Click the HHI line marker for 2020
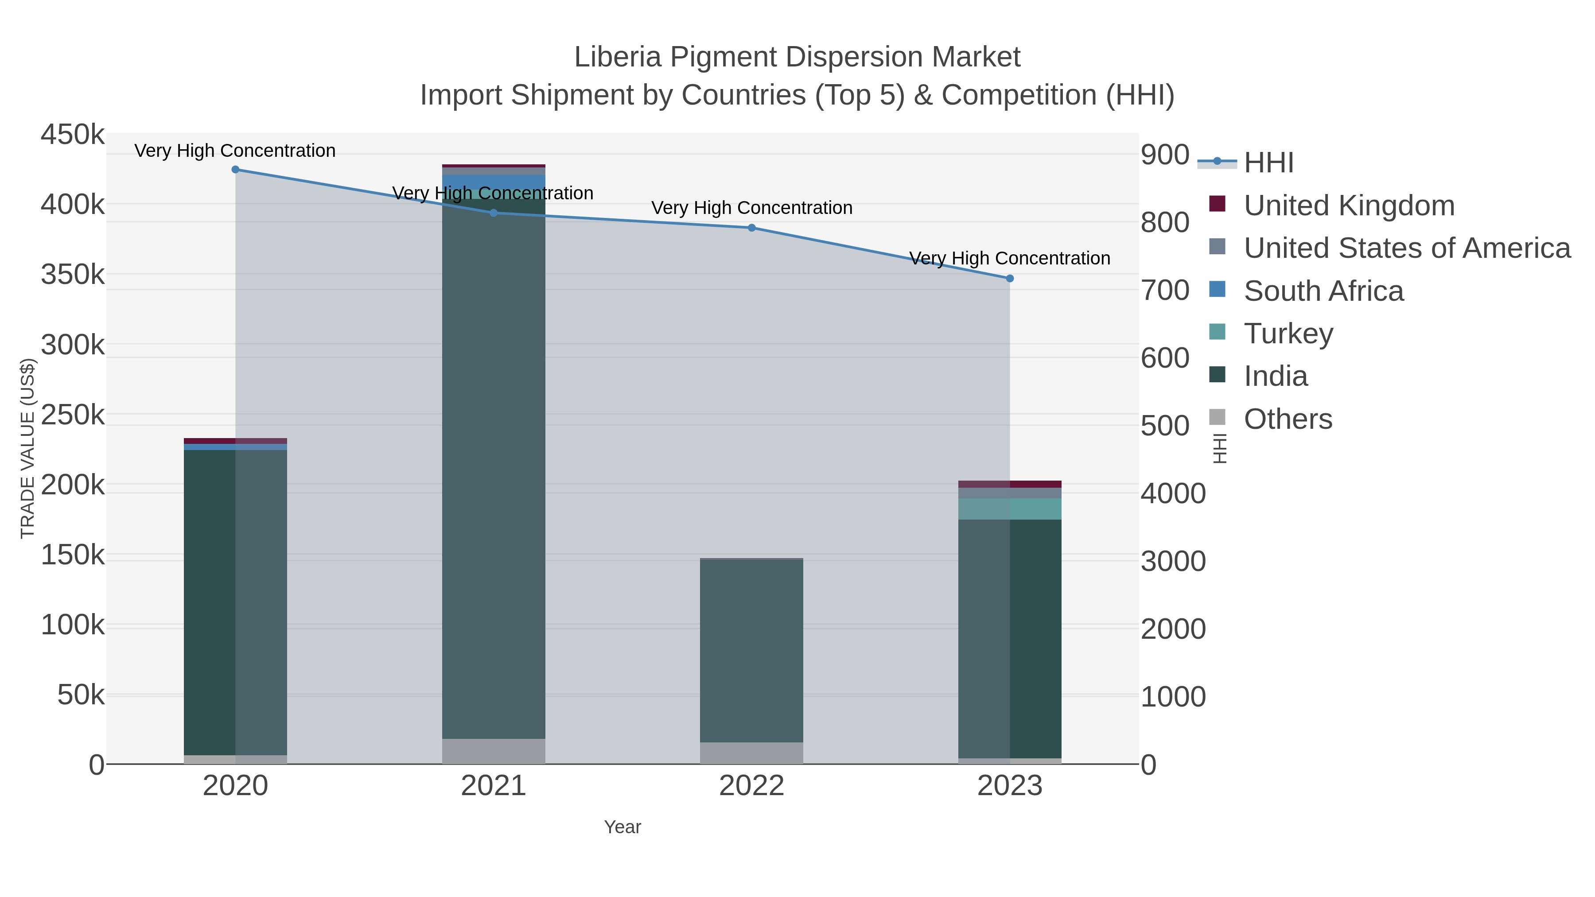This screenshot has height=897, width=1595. pyautogui.click(x=235, y=170)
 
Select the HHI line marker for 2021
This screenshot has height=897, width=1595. pyautogui.click(x=494, y=213)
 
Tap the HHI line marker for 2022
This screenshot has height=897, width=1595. pyautogui.click(x=752, y=228)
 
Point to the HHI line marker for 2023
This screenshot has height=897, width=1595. pyautogui.click(x=1010, y=279)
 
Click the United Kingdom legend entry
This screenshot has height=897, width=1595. pyautogui.click(x=1349, y=206)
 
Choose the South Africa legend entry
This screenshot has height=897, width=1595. pyautogui.click(x=1323, y=291)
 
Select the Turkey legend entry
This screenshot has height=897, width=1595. pyautogui.click(x=1288, y=334)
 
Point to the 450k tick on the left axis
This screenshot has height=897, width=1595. pyautogui.click(x=73, y=134)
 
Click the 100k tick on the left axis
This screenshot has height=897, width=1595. pyautogui.click(x=73, y=625)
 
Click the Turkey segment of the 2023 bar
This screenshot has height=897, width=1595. pyautogui.click(x=1010, y=509)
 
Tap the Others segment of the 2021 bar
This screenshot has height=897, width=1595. pyautogui.click(x=494, y=751)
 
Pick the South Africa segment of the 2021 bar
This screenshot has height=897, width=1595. pyautogui.click(x=494, y=180)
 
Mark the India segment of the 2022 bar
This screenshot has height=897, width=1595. pyautogui.click(x=752, y=650)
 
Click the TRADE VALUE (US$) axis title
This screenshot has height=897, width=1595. pyautogui.click(x=28, y=448)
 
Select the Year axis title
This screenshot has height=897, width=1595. pyautogui.click(x=622, y=827)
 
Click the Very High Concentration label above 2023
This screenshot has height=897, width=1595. pyautogui.click(x=1009, y=258)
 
